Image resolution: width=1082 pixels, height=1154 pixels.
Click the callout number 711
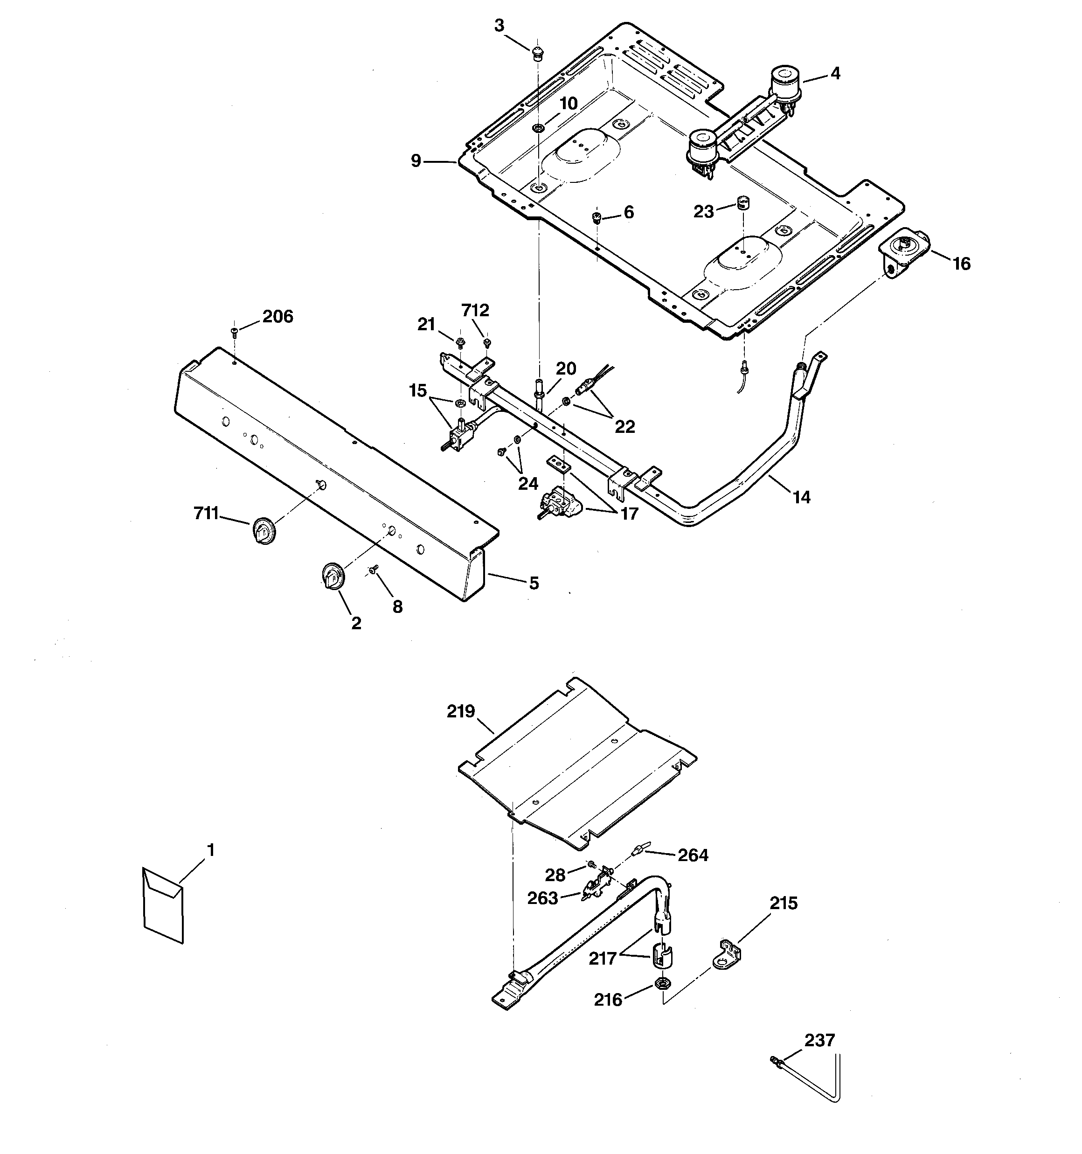tap(206, 513)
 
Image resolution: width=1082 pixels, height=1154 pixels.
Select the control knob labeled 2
tap(333, 577)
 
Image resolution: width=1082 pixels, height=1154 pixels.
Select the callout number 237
tap(819, 1040)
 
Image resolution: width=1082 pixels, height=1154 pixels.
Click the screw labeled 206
tap(235, 332)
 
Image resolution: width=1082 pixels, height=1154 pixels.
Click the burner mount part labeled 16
tap(902, 251)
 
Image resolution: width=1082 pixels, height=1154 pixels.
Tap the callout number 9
tap(416, 161)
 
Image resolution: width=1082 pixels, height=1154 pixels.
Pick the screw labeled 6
tap(596, 218)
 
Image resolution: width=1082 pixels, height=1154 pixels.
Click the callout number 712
tap(475, 310)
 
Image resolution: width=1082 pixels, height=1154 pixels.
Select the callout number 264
tap(693, 855)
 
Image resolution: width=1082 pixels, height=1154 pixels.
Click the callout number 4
tap(835, 73)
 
